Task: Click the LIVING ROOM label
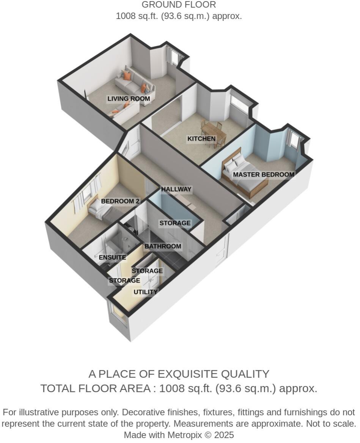point(129,99)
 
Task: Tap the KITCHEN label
point(201,139)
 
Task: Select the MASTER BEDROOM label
point(263,175)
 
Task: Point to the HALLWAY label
point(176,189)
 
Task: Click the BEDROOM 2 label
point(120,201)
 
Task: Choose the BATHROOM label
point(163,247)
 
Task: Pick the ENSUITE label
point(112,258)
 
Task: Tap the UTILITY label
point(145,292)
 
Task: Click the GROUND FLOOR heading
point(179,5)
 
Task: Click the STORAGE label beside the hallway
point(174,223)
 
